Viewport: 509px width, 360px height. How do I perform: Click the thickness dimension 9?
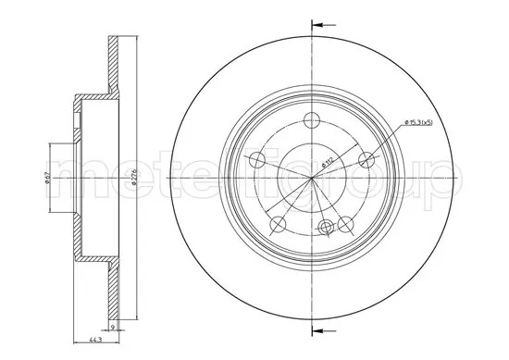click(x=113, y=326)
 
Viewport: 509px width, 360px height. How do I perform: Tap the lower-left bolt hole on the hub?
click(x=275, y=224)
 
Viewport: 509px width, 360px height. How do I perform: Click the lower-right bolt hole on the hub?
click(x=344, y=224)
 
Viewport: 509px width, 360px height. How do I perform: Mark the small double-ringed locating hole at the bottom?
click(x=324, y=227)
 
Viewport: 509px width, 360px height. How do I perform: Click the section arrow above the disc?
click(x=319, y=24)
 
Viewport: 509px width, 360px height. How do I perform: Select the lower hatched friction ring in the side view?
click(x=112, y=278)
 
